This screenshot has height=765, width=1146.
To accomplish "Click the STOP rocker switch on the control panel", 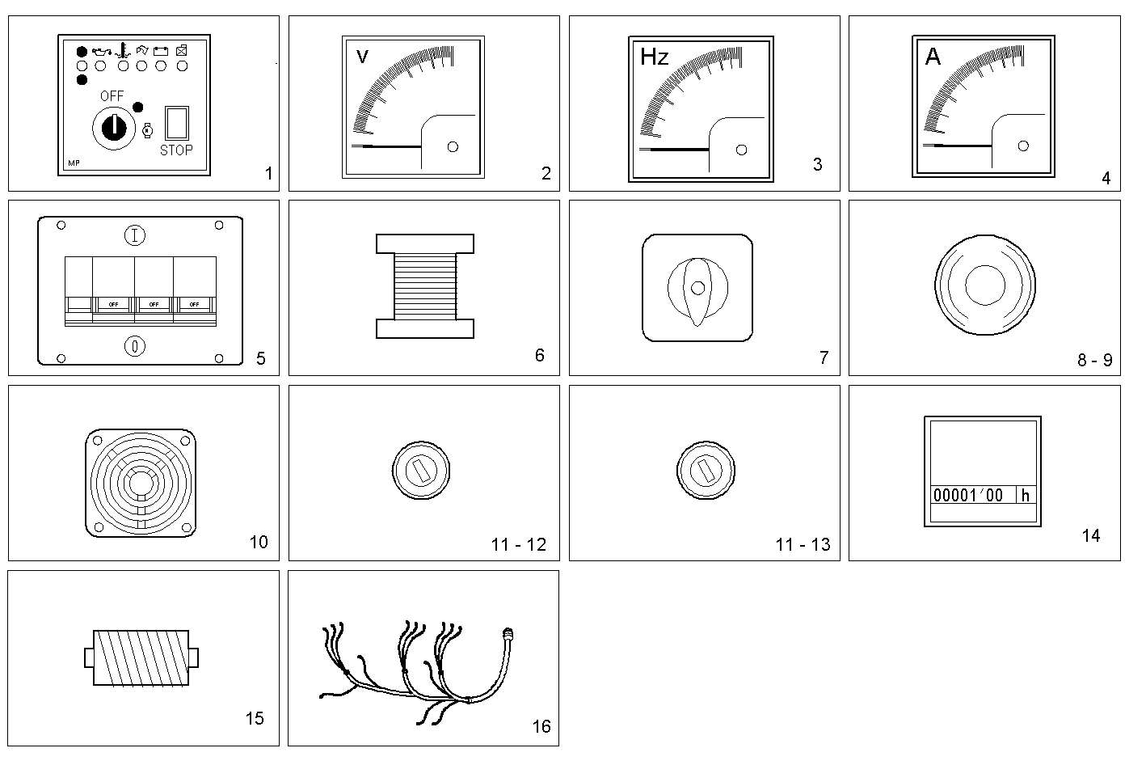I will [177, 124].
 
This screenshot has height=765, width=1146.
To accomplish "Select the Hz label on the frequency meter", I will [654, 57].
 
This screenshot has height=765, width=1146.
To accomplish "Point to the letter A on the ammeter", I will [933, 57].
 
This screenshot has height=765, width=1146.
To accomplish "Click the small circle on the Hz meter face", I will [742, 150].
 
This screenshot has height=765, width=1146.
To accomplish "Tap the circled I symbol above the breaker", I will [135, 236].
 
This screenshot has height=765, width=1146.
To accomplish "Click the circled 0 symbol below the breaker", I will [135, 346].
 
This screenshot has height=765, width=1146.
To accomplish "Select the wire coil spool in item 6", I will [424, 286].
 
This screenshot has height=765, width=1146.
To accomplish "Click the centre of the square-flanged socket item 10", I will [140, 483].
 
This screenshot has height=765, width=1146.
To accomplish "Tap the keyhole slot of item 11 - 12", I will [420, 471].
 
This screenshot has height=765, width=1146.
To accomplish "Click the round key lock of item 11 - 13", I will [704, 470].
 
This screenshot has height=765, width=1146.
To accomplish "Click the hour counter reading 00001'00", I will [968, 495].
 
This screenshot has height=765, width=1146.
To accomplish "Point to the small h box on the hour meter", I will [1026, 495].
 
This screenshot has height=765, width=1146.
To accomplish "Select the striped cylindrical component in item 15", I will [141, 657].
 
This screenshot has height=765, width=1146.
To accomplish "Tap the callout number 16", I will [541, 726].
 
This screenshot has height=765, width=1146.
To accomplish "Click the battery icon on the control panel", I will [161, 51].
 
